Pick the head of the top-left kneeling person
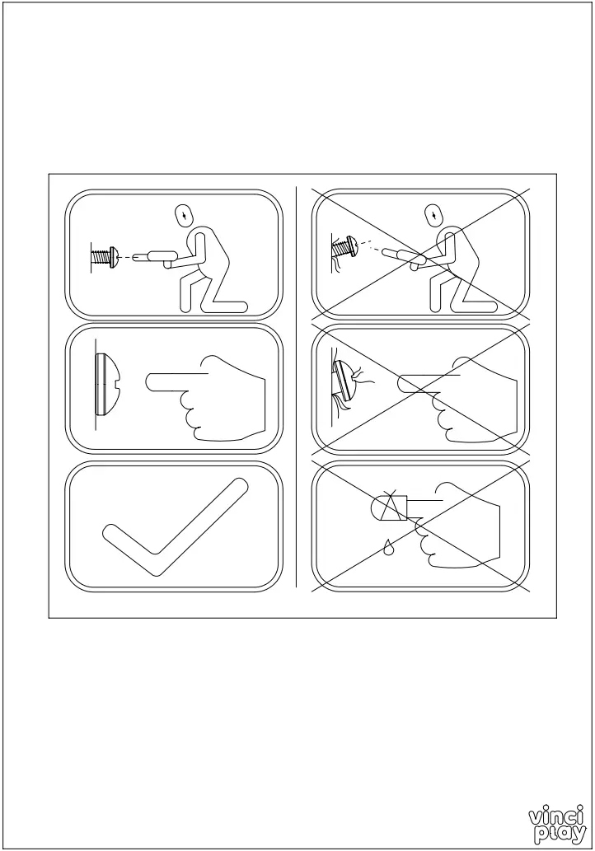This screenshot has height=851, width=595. coord(187,215)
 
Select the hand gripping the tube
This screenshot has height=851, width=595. coord(461,527)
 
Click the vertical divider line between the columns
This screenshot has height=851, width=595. coord(296,387)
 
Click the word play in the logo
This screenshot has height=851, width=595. coord(560,834)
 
